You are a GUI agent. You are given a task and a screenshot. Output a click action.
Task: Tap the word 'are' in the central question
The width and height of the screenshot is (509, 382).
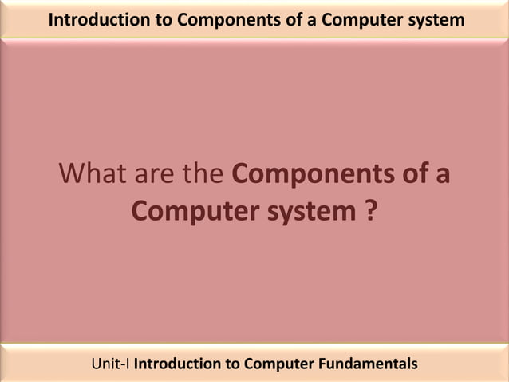157,173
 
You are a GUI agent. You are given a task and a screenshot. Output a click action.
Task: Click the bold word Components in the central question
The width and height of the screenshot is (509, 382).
318,173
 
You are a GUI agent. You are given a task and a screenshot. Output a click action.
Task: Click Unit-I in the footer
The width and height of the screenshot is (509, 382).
111,364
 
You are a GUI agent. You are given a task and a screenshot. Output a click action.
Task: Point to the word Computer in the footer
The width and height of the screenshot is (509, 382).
279,364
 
